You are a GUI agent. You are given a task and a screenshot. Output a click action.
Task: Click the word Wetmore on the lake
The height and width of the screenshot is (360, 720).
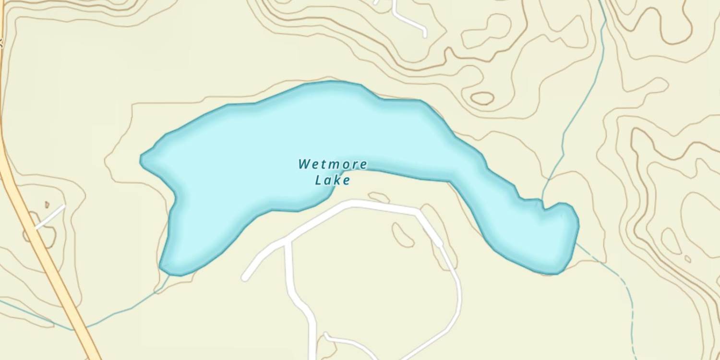333,165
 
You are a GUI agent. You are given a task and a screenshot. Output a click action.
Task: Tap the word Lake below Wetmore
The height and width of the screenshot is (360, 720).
333,180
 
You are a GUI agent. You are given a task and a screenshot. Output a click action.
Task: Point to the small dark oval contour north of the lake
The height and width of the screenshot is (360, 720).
482,98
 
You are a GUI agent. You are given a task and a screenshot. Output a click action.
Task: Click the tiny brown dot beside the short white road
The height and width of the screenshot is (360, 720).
47,204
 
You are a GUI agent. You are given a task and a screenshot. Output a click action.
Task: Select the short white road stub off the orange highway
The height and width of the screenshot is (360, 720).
50,216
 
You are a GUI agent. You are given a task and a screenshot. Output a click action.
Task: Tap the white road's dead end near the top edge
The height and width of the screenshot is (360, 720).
424,35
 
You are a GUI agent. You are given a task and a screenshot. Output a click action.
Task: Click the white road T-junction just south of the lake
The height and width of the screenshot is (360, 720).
288,243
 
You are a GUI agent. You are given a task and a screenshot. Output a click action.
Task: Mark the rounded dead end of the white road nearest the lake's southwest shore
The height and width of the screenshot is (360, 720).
245,277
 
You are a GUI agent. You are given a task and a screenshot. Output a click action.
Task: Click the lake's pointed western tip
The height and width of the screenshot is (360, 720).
141,159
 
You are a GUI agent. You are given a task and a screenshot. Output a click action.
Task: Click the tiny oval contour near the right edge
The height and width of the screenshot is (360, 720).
688,259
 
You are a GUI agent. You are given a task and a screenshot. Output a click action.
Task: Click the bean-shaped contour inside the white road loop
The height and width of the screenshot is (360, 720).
402,235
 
